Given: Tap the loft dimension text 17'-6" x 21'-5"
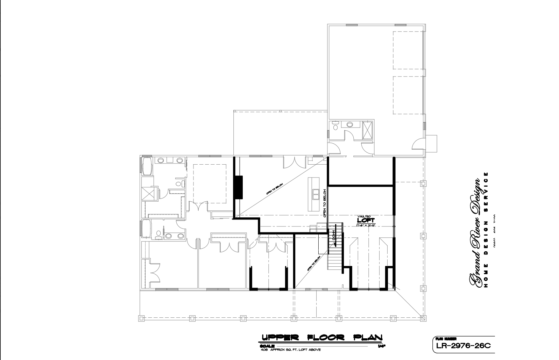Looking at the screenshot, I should pyautogui.click(x=366, y=225).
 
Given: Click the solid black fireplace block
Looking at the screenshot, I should pyautogui.click(x=239, y=187).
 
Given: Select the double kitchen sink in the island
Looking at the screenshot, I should pyautogui.click(x=316, y=194).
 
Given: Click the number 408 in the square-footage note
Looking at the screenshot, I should pyautogui.click(x=263, y=350).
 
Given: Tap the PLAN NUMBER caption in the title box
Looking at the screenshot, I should pyautogui.click(x=441, y=339).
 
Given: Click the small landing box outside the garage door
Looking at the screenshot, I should pyautogui.click(x=432, y=143).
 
